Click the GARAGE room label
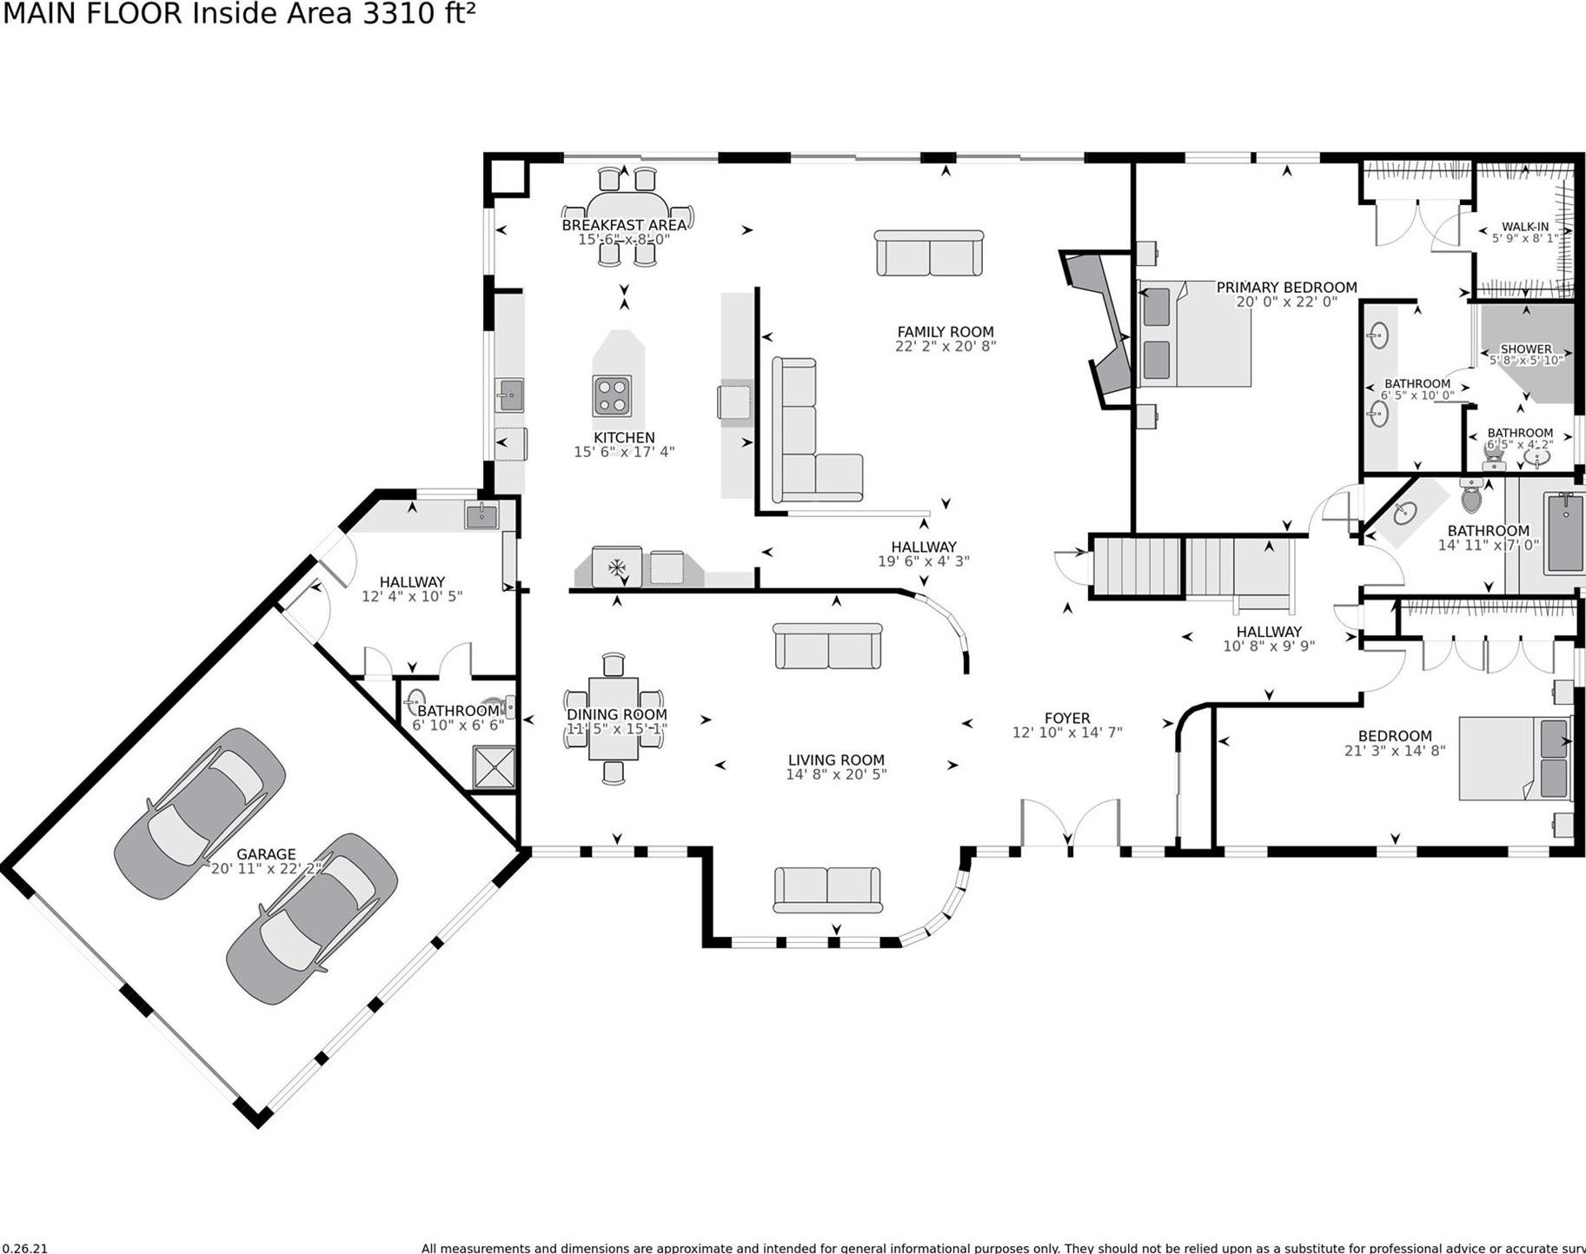pos(266,854)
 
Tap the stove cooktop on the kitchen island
pos(612,395)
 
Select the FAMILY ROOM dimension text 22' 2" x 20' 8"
pos(945,346)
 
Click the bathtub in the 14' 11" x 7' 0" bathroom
pos(1564,532)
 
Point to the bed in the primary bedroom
pos(1195,334)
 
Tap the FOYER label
pos(1066,718)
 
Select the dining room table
pos(613,719)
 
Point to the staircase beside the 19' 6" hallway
pos(1191,567)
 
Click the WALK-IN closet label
pos(1524,226)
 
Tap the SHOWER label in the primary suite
pos(1525,348)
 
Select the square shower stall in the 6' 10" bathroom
pos(494,767)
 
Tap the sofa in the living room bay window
pos(827,889)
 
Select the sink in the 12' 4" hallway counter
pos(481,516)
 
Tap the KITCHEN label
pos(624,437)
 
